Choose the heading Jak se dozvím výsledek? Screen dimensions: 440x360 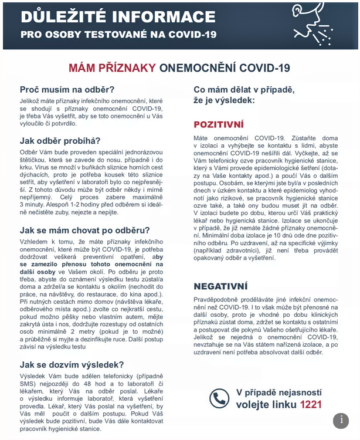pos(72,364)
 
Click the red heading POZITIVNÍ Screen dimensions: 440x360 pos(218,124)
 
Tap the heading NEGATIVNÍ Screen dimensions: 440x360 pos(220,286)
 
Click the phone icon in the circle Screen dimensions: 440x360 pos(219,398)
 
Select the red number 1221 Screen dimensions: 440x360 pos(311,404)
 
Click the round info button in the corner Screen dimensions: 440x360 pos(341,421)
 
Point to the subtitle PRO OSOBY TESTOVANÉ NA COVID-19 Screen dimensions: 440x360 pos(118,34)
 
